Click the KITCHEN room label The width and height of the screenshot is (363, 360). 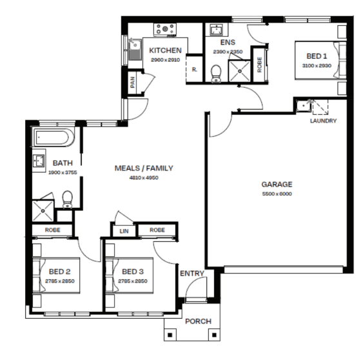pyautogui.click(x=165, y=50)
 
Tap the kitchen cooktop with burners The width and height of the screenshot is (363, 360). pyautogui.click(x=165, y=29)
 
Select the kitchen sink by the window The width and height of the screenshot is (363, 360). pyautogui.click(x=135, y=50)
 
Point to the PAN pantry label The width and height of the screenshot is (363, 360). pyautogui.click(x=132, y=82)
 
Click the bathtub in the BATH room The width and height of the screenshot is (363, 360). pyautogui.click(x=54, y=137)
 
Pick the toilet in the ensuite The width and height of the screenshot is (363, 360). pyautogui.click(x=216, y=74)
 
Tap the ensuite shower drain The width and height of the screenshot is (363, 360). pyautogui.click(x=240, y=71)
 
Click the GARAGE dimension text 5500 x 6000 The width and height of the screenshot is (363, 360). pyautogui.click(x=277, y=194)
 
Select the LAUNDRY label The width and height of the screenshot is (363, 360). pyautogui.click(x=323, y=121)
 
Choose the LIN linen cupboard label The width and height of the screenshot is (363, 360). pyautogui.click(x=124, y=231)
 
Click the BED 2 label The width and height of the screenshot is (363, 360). pyautogui.click(x=59, y=271)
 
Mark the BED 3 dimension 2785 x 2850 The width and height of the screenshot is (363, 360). pyautogui.click(x=133, y=281)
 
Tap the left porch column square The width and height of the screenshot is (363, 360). pyautogui.click(x=170, y=335)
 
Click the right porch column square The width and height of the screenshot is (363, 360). pyautogui.click(x=214, y=335)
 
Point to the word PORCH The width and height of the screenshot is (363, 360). pyautogui.click(x=198, y=321)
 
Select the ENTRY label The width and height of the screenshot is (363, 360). pyautogui.click(x=192, y=274)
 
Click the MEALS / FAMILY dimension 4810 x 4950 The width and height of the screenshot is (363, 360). pyautogui.click(x=144, y=177)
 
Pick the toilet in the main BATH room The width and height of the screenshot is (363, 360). pyautogui.click(x=67, y=199)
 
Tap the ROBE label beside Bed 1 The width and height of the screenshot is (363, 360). pyautogui.click(x=260, y=65)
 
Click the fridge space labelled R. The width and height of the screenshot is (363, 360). pyautogui.click(x=195, y=70)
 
